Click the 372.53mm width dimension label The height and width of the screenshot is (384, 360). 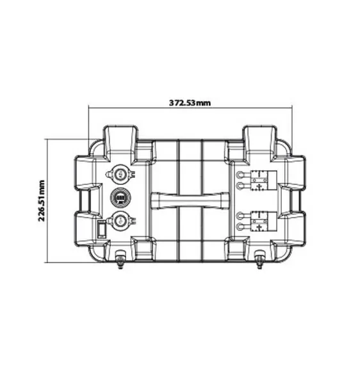coord(190,103)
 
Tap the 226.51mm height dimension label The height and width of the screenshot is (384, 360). coord(42,200)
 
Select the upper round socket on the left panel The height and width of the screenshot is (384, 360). coord(120,174)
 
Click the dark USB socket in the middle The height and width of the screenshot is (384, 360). coord(120,198)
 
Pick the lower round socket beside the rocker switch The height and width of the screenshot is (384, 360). coord(120,221)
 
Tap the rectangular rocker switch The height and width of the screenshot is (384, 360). coord(102,229)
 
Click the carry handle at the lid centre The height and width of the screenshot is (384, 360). coord(190,200)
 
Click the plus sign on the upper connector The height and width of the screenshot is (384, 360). coord(259,186)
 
